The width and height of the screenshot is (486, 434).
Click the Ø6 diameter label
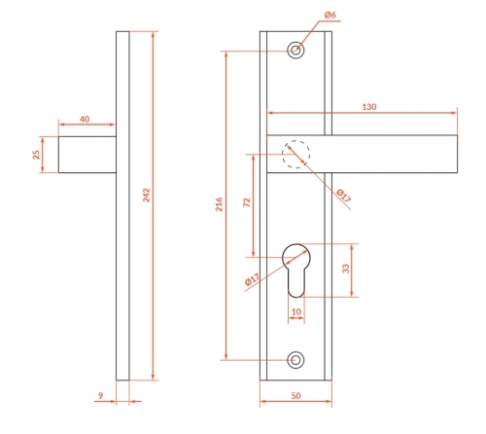330,15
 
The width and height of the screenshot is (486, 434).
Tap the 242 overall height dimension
147,196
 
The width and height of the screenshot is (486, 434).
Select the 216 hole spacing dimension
220,204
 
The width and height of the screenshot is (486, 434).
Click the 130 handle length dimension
369,107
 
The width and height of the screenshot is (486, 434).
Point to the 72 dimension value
247,202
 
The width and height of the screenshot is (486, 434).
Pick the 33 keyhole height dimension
346,269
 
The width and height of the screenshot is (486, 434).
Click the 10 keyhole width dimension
296,312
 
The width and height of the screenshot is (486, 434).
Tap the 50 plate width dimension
295,396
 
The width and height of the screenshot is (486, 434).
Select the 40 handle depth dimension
85,119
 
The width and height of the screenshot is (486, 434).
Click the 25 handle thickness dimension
37,155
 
